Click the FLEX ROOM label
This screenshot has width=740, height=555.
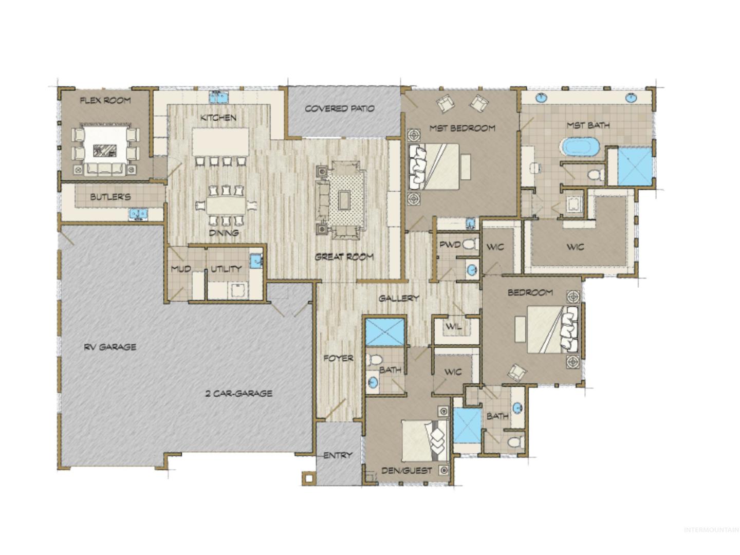pos(105,100)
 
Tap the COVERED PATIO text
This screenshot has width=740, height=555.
pos(340,109)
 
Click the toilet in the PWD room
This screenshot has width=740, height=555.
pos(471,244)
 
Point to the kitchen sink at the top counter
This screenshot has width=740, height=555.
pos(219,97)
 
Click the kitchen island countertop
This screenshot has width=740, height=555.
pos(220,141)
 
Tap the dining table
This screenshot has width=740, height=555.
pos(226,206)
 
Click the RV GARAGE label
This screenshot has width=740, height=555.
pos(110,347)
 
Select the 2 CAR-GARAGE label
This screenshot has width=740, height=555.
pos(238,393)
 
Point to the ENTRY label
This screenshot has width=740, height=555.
pos(338,456)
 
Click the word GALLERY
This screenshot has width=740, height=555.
pos(399,298)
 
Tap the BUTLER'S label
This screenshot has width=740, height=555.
pos(110,197)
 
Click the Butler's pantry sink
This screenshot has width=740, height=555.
pos(138,214)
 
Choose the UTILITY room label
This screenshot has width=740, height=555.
pos(226,269)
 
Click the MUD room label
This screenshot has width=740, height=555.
pos(181,269)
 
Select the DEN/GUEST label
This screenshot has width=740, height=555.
pos(406,471)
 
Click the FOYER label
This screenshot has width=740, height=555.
pos(338,358)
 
